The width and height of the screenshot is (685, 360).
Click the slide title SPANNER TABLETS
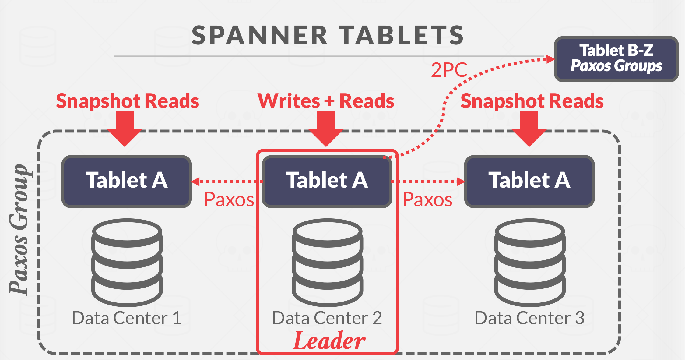tap(328, 35)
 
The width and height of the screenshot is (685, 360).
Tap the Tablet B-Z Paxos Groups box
tap(616, 59)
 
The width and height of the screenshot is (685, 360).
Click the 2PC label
tap(449, 70)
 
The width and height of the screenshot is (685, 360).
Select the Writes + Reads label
tap(326, 101)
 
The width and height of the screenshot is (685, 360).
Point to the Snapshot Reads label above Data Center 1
tap(128, 101)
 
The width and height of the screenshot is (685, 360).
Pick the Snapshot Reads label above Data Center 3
tap(532, 101)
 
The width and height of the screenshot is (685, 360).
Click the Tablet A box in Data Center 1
tap(126, 181)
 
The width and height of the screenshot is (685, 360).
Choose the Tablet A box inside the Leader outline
tap(327, 181)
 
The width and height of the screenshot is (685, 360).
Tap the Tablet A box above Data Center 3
tap(529, 181)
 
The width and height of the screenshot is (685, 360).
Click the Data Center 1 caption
tap(127, 318)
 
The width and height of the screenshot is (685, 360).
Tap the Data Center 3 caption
tap(529, 318)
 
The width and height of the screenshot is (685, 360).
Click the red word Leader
tap(329, 341)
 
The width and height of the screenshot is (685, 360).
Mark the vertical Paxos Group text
tap(19, 230)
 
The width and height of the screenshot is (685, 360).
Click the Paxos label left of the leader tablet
tap(229, 200)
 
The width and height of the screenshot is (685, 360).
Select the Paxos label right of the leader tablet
tap(427, 200)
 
